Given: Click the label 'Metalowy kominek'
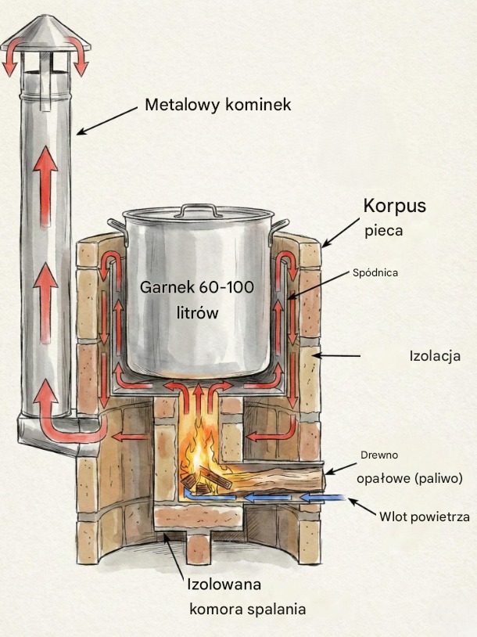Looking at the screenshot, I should [218, 104].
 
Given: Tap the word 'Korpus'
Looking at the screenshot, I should [394, 206].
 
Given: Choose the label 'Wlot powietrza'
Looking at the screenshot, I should [424, 517].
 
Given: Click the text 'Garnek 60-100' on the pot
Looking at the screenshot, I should [196, 287].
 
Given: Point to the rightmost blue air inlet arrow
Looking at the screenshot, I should [324, 497].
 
